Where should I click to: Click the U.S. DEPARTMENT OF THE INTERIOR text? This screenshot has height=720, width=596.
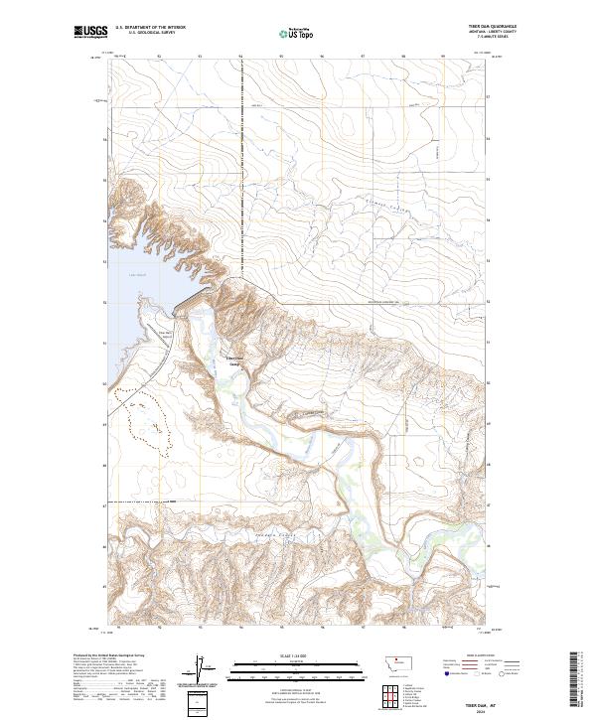(x=150, y=27)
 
